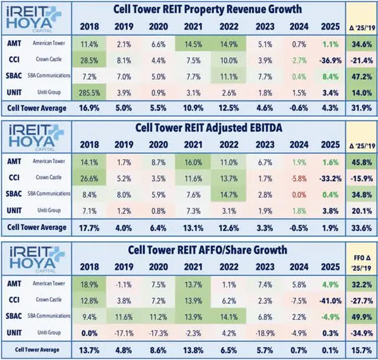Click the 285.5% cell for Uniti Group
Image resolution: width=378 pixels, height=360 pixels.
click(89, 93)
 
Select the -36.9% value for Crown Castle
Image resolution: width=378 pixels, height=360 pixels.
click(330, 61)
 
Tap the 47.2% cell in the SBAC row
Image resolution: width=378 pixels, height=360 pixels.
click(362, 77)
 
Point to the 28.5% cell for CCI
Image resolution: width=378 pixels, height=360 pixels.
click(89, 61)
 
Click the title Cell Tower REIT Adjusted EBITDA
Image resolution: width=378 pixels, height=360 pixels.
click(208, 128)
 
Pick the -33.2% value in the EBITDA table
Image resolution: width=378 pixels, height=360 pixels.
click(330, 178)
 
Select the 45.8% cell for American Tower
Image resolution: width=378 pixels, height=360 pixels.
click(362, 162)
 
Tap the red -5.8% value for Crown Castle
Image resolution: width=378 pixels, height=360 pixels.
click(299, 178)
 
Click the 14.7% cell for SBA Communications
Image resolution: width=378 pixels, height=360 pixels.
click(228, 195)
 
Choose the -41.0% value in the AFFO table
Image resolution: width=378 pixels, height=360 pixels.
click(330, 301)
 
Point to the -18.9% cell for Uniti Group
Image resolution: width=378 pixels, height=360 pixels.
click(265, 333)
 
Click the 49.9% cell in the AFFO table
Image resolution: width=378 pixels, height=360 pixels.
click(362, 317)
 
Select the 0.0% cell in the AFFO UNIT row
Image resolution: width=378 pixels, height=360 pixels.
click(89, 333)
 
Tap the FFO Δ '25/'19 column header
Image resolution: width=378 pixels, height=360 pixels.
click(362, 263)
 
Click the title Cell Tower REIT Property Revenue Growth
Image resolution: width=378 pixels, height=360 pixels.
click(208, 10)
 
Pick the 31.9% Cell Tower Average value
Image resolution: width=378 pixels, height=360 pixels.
click(362, 108)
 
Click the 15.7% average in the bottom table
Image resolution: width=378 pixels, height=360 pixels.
click(362, 350)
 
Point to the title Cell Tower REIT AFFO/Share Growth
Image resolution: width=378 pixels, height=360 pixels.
click(208, 250)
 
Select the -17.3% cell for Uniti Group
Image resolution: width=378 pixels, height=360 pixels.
click(158, 333)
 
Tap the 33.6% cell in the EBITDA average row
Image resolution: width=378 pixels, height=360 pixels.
click(362, 228)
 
